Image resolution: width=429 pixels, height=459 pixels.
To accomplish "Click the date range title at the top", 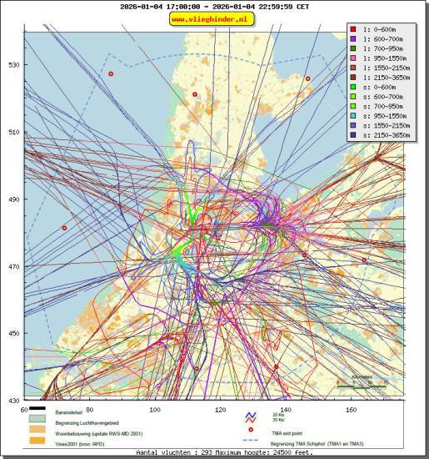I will pos(214,6).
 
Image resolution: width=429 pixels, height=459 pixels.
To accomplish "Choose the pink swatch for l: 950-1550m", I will pos(355,58).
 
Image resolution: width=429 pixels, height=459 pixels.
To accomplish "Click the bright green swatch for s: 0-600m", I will pos(355,87).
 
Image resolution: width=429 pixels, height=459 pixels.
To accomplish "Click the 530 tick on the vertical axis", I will pos(13,64).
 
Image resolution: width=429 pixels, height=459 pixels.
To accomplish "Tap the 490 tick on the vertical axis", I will pos(13,199).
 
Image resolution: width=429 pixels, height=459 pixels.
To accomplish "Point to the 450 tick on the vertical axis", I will pos(13,334).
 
